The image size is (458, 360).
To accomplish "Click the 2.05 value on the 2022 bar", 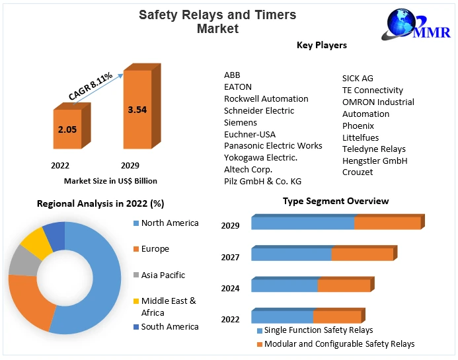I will tap(67, 129).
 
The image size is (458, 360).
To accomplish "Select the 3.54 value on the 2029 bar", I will tap(137, 110).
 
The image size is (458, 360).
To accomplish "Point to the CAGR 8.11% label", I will tap(91, 86).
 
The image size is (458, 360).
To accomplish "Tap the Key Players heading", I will tap(322, 45).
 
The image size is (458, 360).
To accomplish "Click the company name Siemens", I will tap(241, 122).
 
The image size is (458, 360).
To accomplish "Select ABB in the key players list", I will tap(233, 75).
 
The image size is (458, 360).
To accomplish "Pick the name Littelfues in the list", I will tap(361, 137).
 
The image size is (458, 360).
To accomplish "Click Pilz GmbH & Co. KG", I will tap(262, 181).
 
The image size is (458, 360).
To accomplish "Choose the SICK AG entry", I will tap(358, 78).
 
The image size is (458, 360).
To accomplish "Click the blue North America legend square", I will tap(135, 223).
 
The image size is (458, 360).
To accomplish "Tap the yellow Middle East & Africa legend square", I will tap(135, 301).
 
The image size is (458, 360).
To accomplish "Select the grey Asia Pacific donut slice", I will tap(23, 261).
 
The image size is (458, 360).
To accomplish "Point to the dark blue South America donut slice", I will tap(55, 236).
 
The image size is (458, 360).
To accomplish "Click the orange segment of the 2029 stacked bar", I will tap(387, 223).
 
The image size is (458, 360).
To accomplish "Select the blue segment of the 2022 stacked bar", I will tap(282, 317).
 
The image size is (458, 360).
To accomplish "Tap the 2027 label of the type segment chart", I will tap(230, 257).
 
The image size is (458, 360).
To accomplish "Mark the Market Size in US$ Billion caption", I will tap(110, 180).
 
